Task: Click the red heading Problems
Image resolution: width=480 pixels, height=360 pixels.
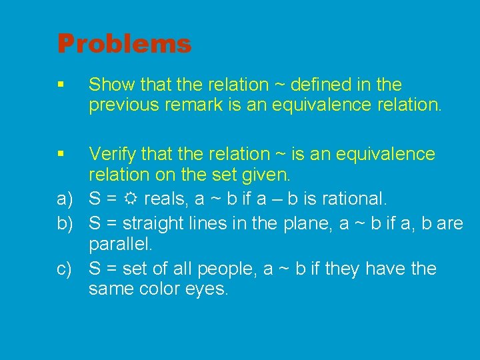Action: (124, 44)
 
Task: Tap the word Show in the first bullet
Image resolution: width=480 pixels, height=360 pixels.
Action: (109, 85)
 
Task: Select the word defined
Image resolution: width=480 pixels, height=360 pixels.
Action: (323, 85)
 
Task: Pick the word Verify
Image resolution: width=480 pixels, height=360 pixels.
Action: (111, 154)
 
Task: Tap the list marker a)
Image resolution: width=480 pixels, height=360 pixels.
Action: (65, 199)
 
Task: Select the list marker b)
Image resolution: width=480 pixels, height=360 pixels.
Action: (65, 223)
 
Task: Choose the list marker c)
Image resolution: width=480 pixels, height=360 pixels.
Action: (65, 269)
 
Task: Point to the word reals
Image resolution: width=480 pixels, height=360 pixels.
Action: (165, 199)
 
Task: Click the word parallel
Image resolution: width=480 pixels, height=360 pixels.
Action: (121, 245)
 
